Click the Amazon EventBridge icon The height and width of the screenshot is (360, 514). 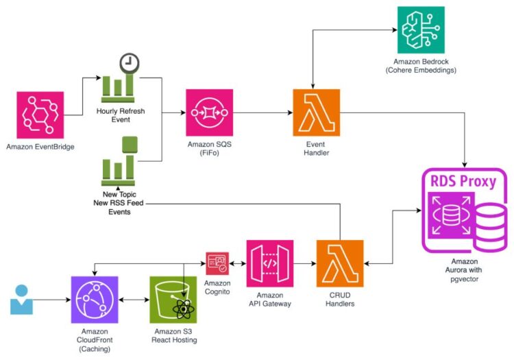[x=40, y=115]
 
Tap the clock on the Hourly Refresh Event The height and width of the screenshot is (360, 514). [x=128, y=64]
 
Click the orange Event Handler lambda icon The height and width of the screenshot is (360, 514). [x=316, y=113]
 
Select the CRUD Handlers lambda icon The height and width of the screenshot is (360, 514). [x=339, y=263]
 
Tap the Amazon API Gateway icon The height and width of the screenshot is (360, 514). [x=270, y=263]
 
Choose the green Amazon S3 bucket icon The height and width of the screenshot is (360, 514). [x=173, y=300]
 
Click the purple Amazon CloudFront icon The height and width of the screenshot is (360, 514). [x=95, y=300]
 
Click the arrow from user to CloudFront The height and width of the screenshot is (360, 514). [x=52, y=300]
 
